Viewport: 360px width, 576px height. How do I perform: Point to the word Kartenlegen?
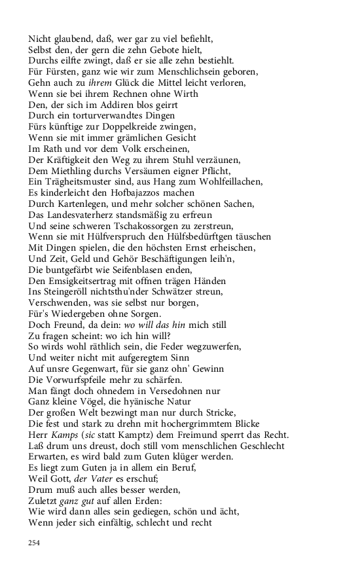point(74,204)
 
